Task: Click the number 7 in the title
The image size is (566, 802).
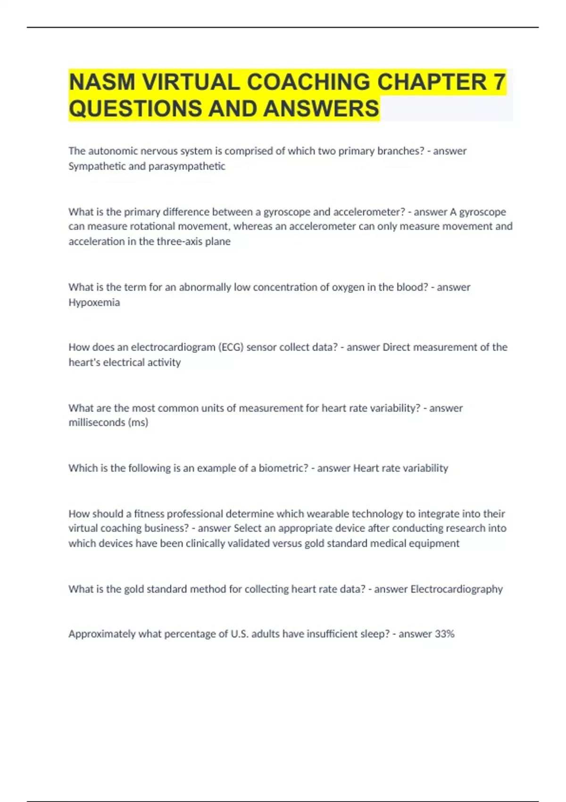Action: coord(499,82)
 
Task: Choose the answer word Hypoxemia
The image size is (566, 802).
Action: coord(94,302)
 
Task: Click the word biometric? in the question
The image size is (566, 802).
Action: coord(283,468)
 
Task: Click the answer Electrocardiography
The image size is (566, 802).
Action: coord(457,589)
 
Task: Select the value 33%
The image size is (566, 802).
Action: coord(444,634)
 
